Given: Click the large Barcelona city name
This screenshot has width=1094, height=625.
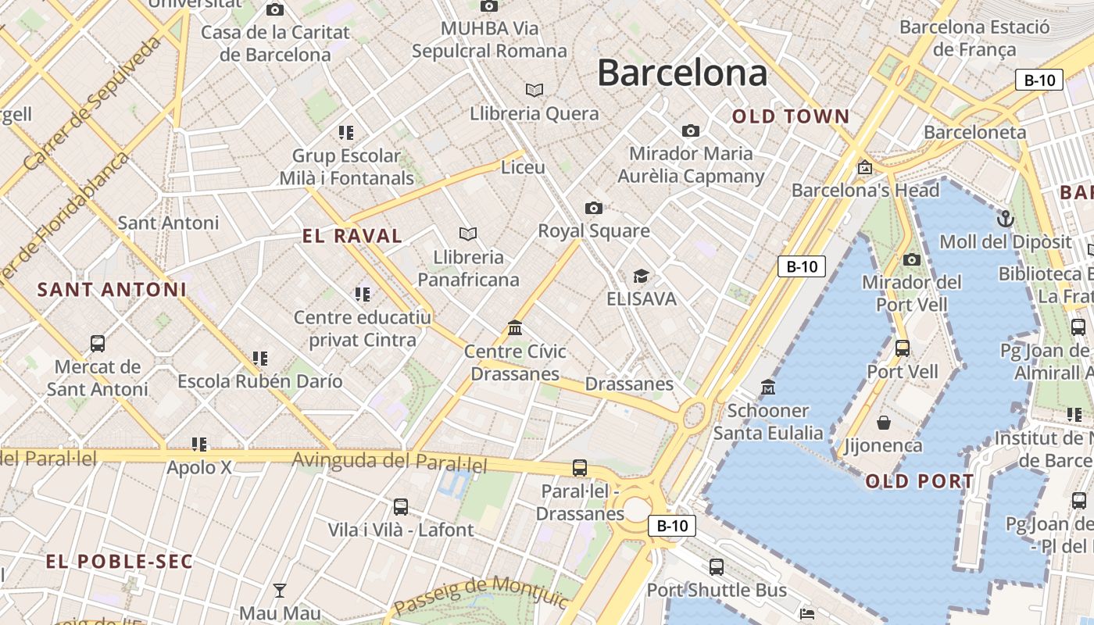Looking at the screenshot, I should [x=682, y=73].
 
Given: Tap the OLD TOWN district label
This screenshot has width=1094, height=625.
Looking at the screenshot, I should [x=790, y=117].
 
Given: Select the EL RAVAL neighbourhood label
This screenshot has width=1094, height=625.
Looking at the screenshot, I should [x=352, y=236].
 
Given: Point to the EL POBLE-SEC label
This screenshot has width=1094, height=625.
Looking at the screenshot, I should [x=119, y=562].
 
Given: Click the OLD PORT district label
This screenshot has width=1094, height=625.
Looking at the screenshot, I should [x=920, y=481].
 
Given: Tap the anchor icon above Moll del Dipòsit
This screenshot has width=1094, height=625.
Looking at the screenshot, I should [x=1005, y=219].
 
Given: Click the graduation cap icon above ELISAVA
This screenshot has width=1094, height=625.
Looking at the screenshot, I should [x=641, y=276].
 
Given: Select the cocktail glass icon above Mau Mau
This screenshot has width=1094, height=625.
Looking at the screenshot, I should [x=280, y=590].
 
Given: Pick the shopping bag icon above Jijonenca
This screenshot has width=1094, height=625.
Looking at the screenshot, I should [x=884, y=423].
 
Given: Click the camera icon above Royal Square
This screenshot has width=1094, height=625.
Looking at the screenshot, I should [x=594, y=208].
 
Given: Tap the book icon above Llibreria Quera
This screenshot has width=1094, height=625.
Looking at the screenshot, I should [x=534, y=91].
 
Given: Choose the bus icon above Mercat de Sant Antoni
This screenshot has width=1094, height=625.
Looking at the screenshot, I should [x=98, y=343].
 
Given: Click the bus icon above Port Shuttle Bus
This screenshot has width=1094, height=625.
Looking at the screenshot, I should [x=717, y=567].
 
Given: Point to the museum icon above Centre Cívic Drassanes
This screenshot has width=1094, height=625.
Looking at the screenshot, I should [x=515, y=328].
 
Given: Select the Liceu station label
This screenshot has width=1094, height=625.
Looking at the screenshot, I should [x=523, y=167].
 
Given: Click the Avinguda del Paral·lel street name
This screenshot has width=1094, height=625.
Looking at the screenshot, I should [x=389, y=462].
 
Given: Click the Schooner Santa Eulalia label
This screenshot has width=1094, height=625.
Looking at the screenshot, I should [x=768, y=421].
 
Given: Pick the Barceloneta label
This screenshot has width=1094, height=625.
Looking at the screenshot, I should [x=974, y=132].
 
